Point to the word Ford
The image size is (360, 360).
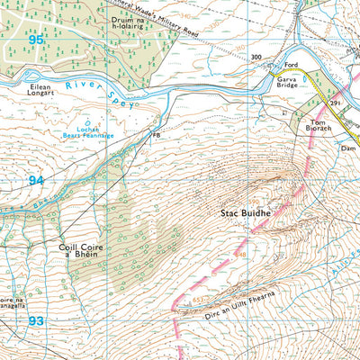[x=291, y=65]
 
